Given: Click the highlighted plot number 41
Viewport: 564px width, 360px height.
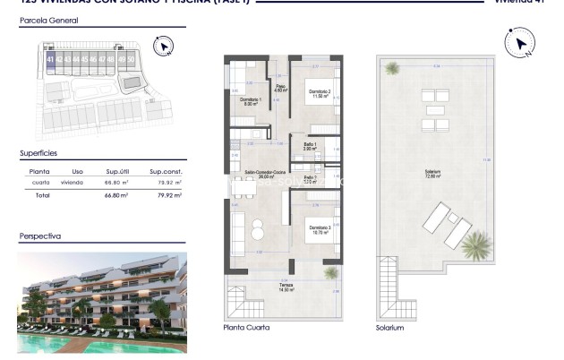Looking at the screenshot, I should point(51,59).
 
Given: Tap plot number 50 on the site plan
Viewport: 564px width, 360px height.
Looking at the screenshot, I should point(132,59).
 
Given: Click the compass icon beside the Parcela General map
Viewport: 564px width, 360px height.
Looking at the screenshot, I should point(163,46).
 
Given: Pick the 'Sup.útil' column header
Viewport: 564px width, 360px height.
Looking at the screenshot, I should point(118,171).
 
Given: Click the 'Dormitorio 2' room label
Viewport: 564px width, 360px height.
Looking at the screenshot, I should point(320,93).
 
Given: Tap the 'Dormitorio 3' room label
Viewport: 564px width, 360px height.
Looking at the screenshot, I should point(320,228).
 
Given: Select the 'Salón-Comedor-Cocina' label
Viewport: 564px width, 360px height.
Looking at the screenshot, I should point(264,174).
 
